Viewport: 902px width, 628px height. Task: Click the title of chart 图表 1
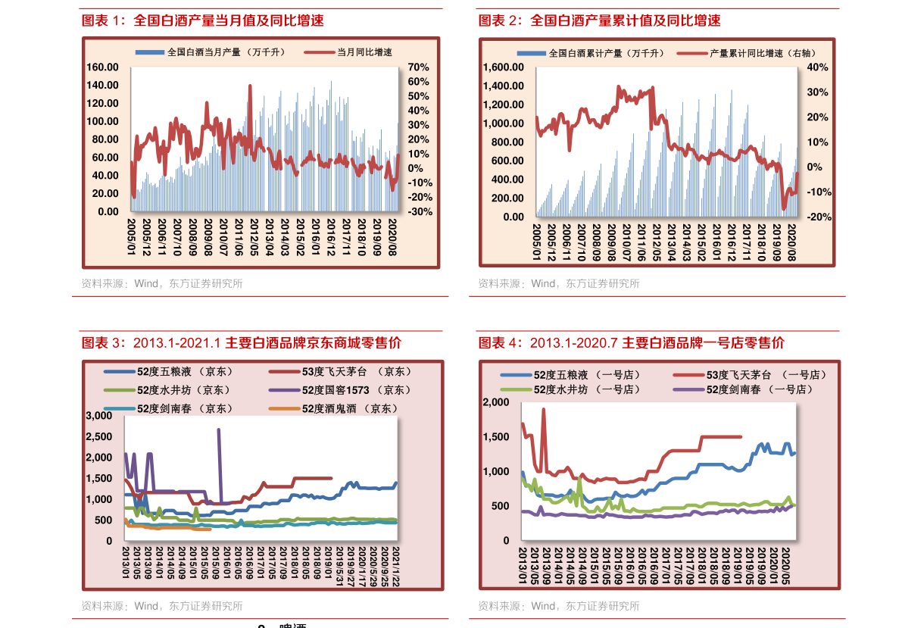click(203, 20)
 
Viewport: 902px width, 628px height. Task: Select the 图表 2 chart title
click(599, 20)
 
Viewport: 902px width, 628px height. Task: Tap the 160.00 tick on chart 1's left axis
click(103, 67)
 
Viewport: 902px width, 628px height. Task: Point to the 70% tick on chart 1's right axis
click(419, 67)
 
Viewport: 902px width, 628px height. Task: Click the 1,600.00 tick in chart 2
click(503, 67)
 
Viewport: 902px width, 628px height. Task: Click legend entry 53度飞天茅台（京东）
click(356, 371)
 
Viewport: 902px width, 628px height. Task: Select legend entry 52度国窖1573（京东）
click(356, 389)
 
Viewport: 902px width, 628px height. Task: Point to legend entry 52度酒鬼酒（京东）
click(350, 408)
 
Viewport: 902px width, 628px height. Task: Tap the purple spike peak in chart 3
click(219, 430)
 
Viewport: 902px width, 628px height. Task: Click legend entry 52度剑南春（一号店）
click(759, 389)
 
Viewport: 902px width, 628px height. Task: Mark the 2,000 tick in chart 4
click(498, 402)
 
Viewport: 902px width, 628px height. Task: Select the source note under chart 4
click(558, 606)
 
